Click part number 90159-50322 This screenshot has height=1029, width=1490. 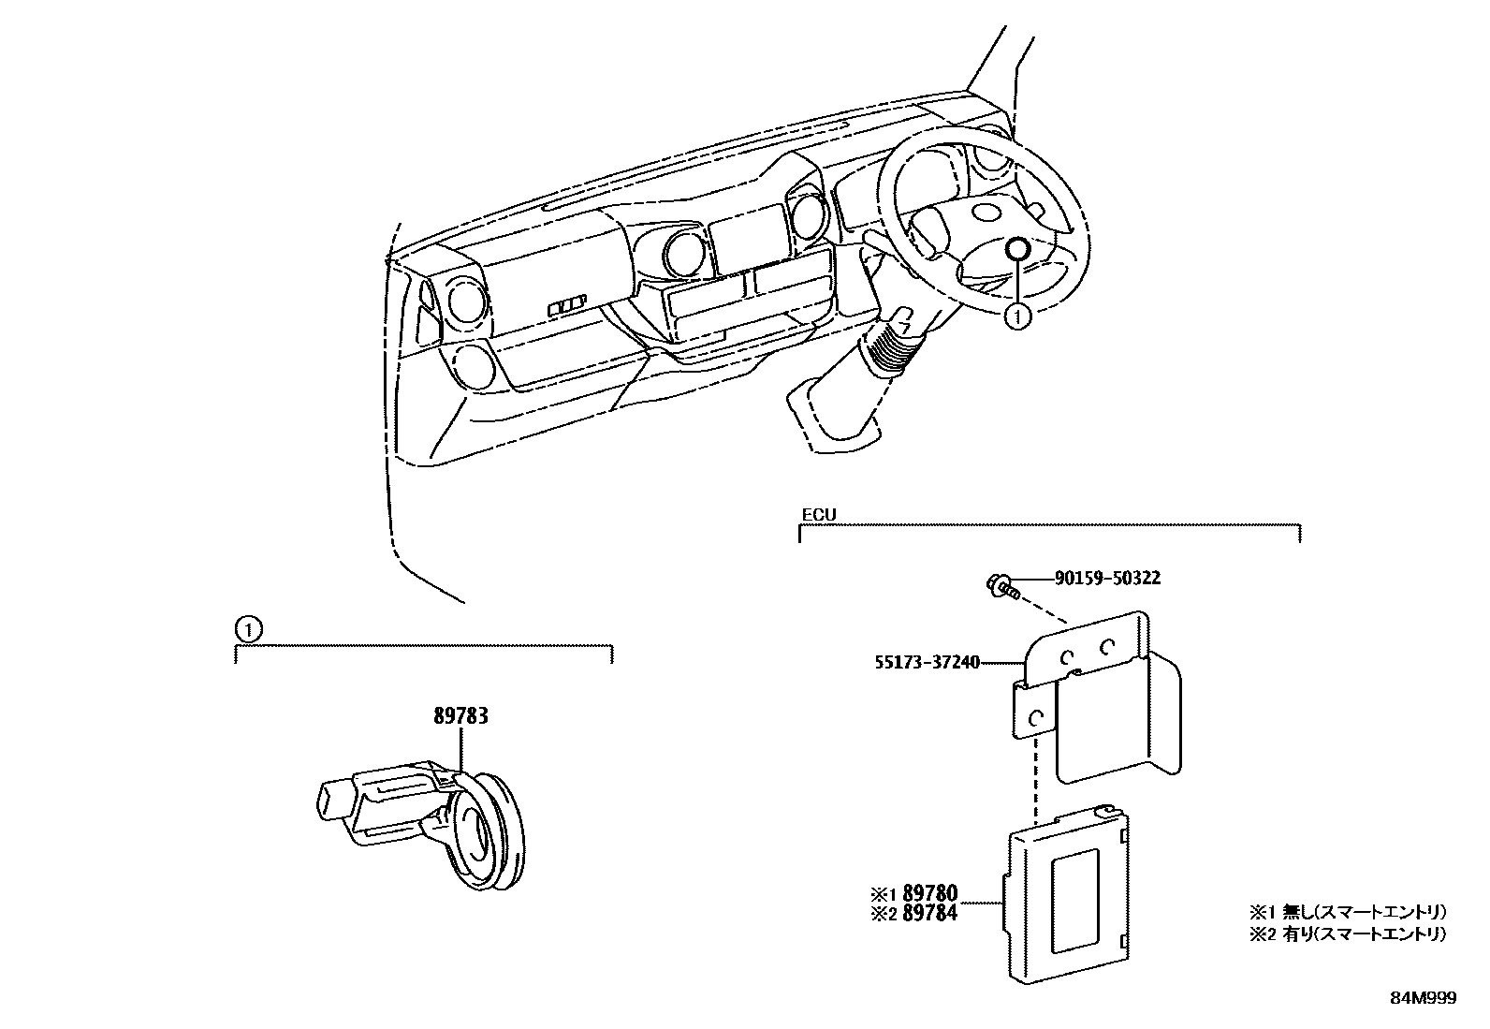click(x=1107, y=579)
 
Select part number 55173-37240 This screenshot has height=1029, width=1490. click(x=927, y=663)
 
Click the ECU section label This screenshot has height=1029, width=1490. click(x=818, y=515)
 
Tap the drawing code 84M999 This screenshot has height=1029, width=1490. click(x=1423, y=998)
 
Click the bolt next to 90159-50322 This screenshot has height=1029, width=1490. click(x=1002, y=588)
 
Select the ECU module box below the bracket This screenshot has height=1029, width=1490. click(x=1066, y=898)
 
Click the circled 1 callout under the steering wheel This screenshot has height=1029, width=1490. click(x=1017, y=317)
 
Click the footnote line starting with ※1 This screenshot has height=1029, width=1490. click(x=1347, y=911)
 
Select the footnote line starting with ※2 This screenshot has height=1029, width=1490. click(x=1347, y=933)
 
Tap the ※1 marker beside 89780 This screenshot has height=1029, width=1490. click(x=884, y=895)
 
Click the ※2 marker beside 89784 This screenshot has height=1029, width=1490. click(x=884, y=913)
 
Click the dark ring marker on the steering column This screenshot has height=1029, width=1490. click(x=1017, y=249)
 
